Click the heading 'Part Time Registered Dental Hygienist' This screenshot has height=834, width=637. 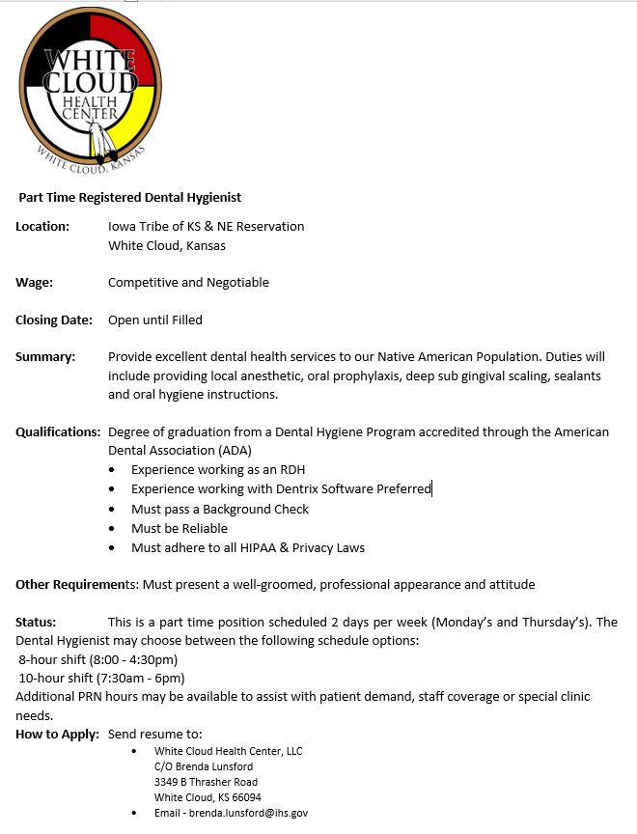click(130, 198)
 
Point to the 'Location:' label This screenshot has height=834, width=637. click(42, 227)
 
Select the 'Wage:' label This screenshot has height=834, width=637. click(35, 283)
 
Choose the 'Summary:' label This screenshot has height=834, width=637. click(45, 357)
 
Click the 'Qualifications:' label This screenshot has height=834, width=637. click(58, 432)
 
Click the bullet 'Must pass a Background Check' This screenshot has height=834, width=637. click(220, 509)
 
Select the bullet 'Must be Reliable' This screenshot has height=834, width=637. click(180, 529)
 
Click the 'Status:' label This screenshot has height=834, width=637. click(36, 623)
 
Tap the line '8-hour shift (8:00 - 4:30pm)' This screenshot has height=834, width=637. click(98, 660)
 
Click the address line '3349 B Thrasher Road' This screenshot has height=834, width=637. click(206, 782)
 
